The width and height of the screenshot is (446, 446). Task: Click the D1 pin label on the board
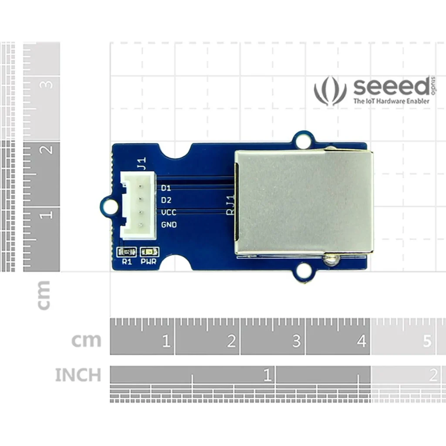[x=166, y=188]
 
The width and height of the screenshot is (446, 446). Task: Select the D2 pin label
[x=166, y=200]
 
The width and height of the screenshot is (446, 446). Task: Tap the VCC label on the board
[x=169, y=213]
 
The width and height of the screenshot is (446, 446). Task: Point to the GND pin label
[x=169, y=225]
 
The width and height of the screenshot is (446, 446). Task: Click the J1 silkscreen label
[x=141, y=163]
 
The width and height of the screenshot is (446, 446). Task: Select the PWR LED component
[x=149, y=252]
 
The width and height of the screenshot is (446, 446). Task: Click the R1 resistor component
[x=127, y=252]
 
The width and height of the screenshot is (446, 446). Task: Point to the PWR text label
[x=149, y=262]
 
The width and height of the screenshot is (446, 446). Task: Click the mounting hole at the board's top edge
[x=303, y=141]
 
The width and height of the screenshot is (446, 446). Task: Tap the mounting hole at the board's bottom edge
[x=303, y=273]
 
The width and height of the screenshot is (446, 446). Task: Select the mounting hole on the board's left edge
[x=110, y=206]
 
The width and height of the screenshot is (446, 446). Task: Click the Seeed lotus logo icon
[x=330, y=91]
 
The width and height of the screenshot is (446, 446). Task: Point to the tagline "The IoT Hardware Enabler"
[x=391, y=101]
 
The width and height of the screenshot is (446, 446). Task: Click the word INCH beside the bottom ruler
[x=78, y=375]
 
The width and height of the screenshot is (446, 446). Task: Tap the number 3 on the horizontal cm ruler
[x=296, y=341]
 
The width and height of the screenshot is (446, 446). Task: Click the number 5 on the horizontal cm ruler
[x=427, y=341]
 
